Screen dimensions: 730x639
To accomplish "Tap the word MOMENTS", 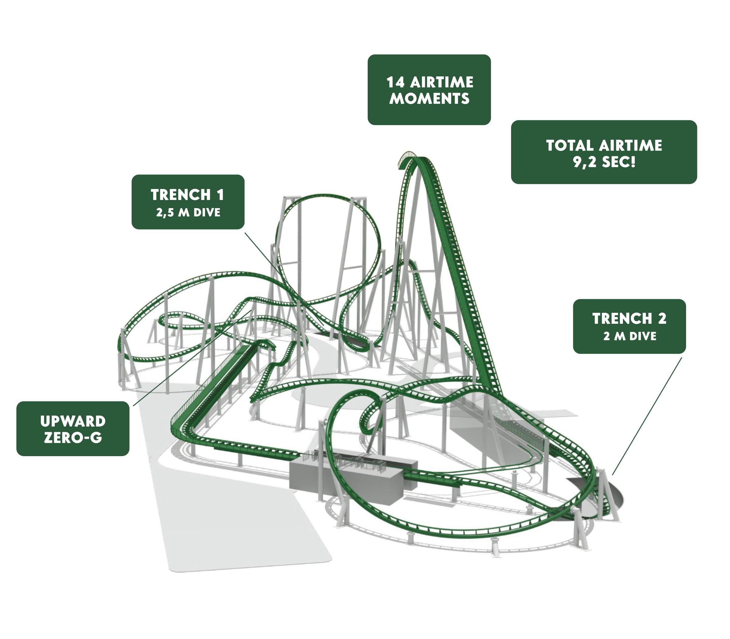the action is pyautogui.click(x=429, y=99).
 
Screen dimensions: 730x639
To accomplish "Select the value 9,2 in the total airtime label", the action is pyautogui.click(x=585, y=162).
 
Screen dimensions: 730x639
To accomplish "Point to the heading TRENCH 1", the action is pyautogui.click(x=187, y=195).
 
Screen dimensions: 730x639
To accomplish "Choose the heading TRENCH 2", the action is pyautogui.click(x=629, y=318).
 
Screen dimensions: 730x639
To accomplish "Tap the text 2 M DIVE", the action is pyautogui.click(x=630, y=336).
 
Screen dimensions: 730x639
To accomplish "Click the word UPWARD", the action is pyautogui.click(x=73, y=421).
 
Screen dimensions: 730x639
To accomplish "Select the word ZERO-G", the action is pyautogui.click(x=73, y=438).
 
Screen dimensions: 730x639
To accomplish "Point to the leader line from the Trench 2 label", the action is pyautogui.click(x=647, y=417).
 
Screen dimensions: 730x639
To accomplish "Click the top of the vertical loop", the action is pyautogui.click(x=325, y=195).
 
